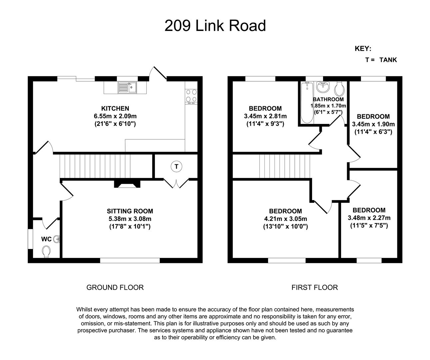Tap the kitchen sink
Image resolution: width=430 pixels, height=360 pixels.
(x=128, y=87)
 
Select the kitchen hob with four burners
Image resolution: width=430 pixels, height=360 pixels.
(x=191, y=95)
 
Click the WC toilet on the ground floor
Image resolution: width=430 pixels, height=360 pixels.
(x=47, y=251)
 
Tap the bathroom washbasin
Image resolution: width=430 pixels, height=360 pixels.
(x=322, y=87)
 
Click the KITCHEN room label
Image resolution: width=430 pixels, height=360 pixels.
(x=115, y=108)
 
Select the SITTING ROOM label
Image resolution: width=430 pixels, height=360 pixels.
(x=130, y=211)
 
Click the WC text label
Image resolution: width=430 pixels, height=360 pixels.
(x=46, y=239)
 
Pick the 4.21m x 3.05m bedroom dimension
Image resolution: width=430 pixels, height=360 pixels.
(x=285, y=219)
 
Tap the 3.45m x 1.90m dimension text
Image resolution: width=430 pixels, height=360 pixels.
(x=373, y=124)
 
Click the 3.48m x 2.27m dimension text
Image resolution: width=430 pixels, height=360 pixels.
(x=369, y=218)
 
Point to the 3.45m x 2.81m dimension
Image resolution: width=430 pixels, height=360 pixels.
(x=265, y=116)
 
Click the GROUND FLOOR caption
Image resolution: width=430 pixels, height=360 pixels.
(x=115, y=287)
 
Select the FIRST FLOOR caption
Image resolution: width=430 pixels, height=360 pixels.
(x=314, y=287)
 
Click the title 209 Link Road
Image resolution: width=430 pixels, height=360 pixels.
(x=215, y=26)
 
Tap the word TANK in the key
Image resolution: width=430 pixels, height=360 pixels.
(x=388, y=60)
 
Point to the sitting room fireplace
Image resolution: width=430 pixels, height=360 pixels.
(x=127, y=184)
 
